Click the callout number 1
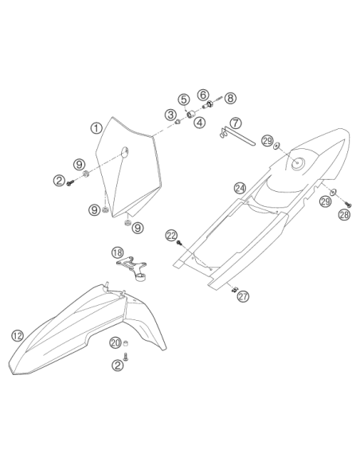(96, 128)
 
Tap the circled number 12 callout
(18, 336)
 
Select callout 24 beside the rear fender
(240, 188)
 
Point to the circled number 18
(117, 252)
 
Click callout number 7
(236, 123)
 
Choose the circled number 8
(230, 98)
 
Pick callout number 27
(243, 296)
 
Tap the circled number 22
(171, 235)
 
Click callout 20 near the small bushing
(115, 343)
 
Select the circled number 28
(344, 214)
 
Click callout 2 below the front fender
(117, 365)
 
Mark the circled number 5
(184, 100)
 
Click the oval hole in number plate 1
(124, 151)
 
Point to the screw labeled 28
(348, 204)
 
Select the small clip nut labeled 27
(235, 289)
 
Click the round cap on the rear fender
(297, 163)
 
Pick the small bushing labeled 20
(126, 344)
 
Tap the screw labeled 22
(179, 243)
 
